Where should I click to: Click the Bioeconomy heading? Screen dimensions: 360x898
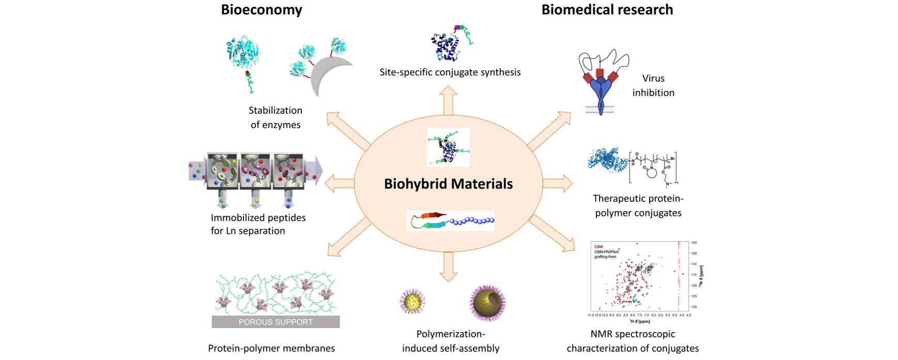tap(261, 10)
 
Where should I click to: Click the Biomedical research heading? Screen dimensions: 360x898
tap(607, 10)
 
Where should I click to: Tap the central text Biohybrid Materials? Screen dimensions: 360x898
tap(448, 184)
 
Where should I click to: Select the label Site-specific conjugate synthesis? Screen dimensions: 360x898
tap(450, 72)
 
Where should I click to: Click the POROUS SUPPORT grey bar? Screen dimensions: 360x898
tap(275, 322)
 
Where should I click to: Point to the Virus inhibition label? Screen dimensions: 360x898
tap(653, 85)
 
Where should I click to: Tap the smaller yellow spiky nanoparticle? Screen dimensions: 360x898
tap(412, 301)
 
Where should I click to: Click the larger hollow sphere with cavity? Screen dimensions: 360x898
tap(487, 302)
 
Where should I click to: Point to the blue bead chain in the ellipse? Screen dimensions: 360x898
tap(472, 221)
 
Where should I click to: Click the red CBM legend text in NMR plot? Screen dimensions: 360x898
tap(598, 247)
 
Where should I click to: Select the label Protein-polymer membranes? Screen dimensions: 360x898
tap(271, 348)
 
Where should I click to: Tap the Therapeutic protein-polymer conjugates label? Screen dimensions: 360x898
tap(638, 206)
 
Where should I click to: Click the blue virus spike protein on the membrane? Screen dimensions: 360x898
tap(600, 93)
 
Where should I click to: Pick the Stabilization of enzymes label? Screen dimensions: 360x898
tap(275, 117)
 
